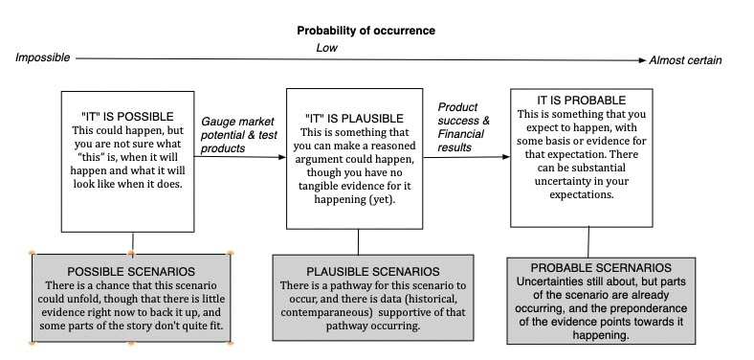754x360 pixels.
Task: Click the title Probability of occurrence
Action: pos(366,31)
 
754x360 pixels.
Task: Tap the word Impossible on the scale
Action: pos(43,58)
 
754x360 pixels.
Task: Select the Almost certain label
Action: pos(685,61)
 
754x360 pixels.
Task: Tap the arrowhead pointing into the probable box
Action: pos(505,157)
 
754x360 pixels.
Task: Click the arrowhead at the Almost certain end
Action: pos(640,60)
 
